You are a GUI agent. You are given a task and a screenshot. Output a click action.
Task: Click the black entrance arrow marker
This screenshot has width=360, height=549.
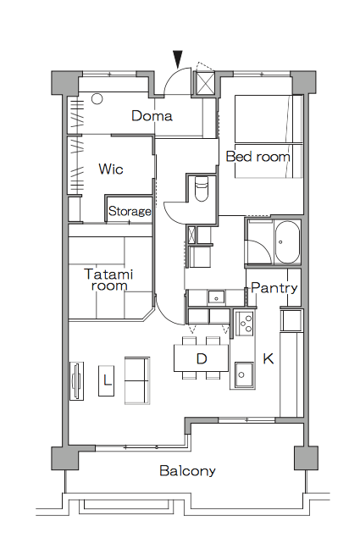point(178,59)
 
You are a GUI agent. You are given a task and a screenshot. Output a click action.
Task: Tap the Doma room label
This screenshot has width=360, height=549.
point(152,116)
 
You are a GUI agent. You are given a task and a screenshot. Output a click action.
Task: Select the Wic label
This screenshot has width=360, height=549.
point(111,169)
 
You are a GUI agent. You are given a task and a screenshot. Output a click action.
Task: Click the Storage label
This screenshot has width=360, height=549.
point(130,211)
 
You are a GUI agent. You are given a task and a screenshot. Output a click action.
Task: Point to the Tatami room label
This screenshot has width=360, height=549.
point(109,280)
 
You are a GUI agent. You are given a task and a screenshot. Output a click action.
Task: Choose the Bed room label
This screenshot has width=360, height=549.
point(258,157)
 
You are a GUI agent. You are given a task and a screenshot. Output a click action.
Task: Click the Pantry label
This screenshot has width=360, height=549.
point(274,288)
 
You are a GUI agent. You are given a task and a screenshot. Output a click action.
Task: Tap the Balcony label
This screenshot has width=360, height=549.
point(187,470)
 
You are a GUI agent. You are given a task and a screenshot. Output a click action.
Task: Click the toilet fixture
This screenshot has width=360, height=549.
point(201,189)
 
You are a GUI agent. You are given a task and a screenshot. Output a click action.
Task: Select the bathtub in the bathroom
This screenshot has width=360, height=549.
point(287,241)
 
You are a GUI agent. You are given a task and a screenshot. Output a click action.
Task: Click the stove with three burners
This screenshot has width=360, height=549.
point(245,324)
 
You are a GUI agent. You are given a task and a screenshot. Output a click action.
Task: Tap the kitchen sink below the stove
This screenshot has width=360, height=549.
point(244,374)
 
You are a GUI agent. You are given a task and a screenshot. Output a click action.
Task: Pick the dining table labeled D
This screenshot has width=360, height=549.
point(202,358)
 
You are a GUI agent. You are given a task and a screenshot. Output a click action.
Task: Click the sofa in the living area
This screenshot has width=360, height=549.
point(137,381)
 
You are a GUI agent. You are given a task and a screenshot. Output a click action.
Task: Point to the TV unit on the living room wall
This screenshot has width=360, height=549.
point(77,381)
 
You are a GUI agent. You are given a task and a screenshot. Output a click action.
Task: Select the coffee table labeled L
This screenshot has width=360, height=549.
point(107,381)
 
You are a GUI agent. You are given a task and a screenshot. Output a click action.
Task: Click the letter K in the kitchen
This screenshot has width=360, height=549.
point(269,358)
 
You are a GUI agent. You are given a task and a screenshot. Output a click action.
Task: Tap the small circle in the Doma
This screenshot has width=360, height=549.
point(97,99)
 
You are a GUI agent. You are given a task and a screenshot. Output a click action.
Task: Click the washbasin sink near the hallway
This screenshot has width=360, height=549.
point(216,297)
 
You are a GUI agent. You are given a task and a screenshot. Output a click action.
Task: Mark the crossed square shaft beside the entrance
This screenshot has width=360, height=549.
point(205,83)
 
